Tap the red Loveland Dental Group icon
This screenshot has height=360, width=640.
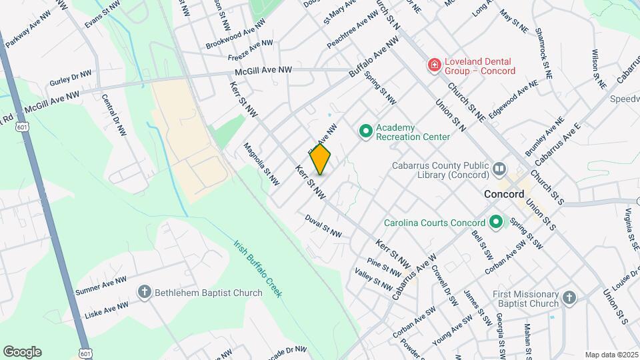click(x=434, y=65)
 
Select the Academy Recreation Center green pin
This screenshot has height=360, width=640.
click(x=365, y=131)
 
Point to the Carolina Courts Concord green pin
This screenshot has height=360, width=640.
click(x=495, y=222)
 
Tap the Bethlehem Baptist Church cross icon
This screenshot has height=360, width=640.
click(x=144, y=291)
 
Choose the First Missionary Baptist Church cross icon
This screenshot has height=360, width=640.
click(x=568, y=298)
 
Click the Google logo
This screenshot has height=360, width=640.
click(x=22, y=352)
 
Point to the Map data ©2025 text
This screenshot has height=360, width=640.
click(x=611, y=355)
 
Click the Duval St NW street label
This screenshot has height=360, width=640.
click(x=323, y=226)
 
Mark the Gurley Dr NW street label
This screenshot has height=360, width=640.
click(x=70, y=78)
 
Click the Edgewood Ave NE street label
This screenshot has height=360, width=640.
click(x=513, y=101)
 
